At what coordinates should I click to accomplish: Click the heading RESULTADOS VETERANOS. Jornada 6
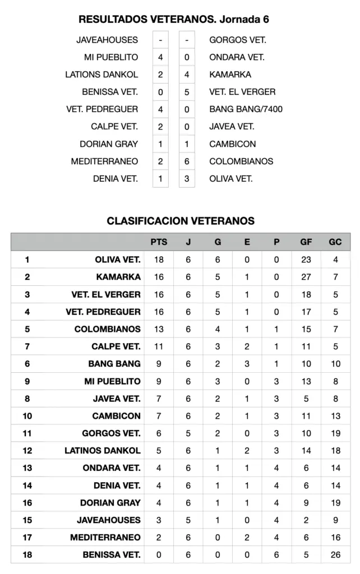click(x=174, y=20)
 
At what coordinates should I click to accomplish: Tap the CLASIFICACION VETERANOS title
click(x=181, y=221)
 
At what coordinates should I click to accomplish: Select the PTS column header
click(x=159, y=242)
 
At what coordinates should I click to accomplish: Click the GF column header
click(x=306, y=242)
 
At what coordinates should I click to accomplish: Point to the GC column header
click(x=335, y=242)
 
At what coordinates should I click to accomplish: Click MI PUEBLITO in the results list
click(x=111, y=57)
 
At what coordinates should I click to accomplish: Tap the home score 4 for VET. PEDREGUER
click(x=160, y=109)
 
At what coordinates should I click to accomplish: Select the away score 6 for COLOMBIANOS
click(x=187, y=161)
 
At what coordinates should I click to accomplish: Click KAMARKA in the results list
click(x=230, y=75)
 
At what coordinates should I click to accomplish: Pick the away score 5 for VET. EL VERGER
click(x=187, y=92)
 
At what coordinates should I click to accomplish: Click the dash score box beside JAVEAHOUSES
click(x=160, y=40)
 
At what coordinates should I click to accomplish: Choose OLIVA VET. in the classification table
click(x=118, y=260)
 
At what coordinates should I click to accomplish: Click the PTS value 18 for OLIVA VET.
click(x=159, y=260)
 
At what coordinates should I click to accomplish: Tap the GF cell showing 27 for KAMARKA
click(x=306, y=277)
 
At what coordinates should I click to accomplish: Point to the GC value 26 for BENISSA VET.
click(x=335, y=555)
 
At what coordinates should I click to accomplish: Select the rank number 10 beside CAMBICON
click(x=27, y=416)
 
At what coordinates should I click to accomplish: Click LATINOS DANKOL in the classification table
click(x=103, y=451)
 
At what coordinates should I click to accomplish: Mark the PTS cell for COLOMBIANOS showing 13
click(x=159, y=329)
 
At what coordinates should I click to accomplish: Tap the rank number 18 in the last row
click(x=27, y=555)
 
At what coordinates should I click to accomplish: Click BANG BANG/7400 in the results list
click(x=246, y=109)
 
